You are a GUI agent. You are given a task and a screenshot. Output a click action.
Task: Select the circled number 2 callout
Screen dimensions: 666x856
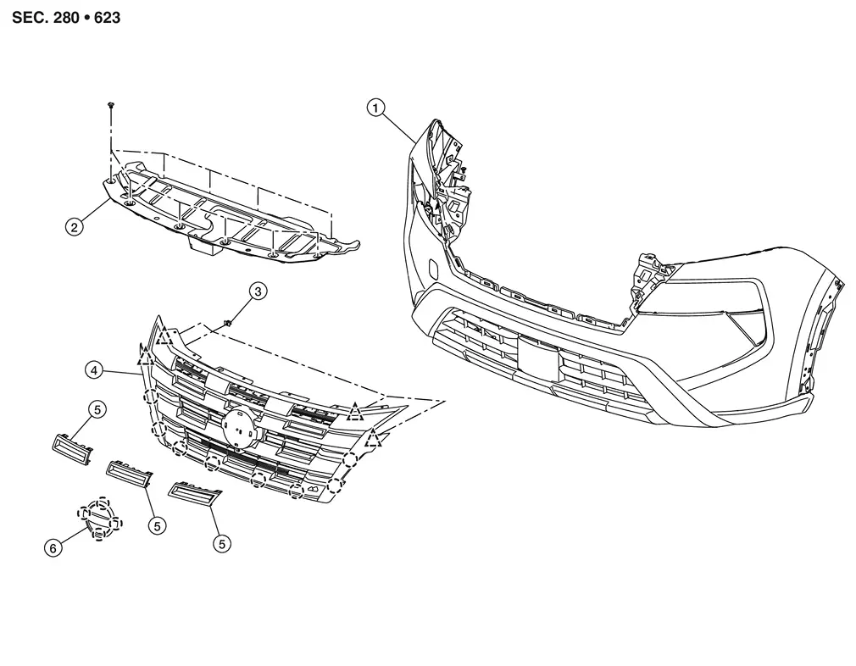pos(75,226)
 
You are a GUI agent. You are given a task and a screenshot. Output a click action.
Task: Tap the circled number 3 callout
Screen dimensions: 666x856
pos(258,291)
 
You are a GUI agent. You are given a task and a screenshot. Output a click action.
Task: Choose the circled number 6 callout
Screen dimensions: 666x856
pos(53,548)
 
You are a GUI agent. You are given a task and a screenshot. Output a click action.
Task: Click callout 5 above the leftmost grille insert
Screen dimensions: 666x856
pos(97,410)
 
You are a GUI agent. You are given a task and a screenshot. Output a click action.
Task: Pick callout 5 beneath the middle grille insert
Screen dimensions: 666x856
pos(157,525)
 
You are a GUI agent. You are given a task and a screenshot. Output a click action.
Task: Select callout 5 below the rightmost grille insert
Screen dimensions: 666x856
pos(223,543)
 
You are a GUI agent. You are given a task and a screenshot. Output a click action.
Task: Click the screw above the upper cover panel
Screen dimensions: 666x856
pos(111,103)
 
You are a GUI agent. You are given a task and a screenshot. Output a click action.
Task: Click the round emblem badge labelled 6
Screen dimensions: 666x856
pos(99,517)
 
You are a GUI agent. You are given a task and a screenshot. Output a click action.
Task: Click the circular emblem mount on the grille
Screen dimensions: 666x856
pos(240,424)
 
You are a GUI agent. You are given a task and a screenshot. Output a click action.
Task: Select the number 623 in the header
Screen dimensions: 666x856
pos(105,17)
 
